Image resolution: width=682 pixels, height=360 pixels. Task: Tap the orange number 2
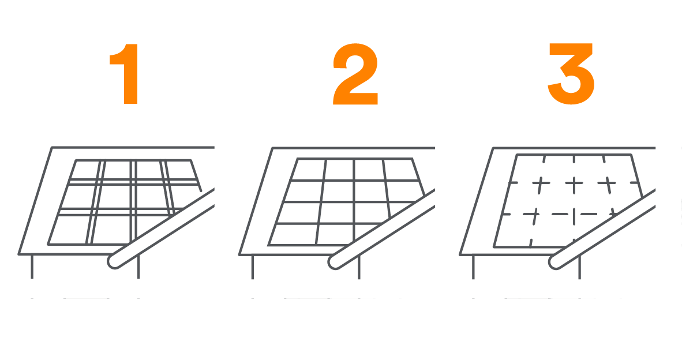pyautogui.click(x=355, y=74)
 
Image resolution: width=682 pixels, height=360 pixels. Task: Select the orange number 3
pyautogui.click(x=571, y=74)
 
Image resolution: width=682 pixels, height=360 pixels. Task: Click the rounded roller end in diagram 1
pyautogui.click(x=114, y=262)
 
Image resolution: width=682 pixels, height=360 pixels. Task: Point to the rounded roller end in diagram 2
pyautogui.click(x=334, y=262)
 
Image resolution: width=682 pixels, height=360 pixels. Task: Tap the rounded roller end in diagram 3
pyautogui.click(x=555, y=262)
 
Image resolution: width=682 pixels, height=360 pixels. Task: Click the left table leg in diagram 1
pyautogui.click(x=32, y=267)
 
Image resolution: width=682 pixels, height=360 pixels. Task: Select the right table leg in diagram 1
pyautogui.click(x=138, y=267)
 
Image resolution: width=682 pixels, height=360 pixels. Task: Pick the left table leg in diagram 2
pyautogui.click(x=252, y=267)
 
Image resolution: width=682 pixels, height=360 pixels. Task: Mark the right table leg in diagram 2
pyautogui.click(x=359, y=267)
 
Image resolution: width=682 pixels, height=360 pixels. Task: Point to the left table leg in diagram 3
pyautogui.click(x=473, y=267)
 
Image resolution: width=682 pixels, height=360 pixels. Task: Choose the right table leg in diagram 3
pyautogui.click(x=579, y=267)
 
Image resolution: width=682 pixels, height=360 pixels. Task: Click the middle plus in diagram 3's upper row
pyautogui.click(x=574, y=185)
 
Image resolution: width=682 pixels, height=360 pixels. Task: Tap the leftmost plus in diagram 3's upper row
pyautogui.click(x=541, y=185)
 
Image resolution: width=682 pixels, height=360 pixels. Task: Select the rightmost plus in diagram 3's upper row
pyautogui.click(x=607, y=185)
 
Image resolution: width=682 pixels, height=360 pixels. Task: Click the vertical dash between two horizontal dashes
pyautogui.click(x=574, y=216)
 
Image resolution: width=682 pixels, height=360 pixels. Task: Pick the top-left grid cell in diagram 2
pyautogui.click(x=308, y=170)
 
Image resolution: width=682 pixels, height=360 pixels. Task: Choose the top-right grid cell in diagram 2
pyautogui.click(x=401, y=170)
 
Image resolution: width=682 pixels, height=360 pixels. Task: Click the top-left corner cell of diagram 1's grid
pyautogui.click(x=85, y=170)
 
